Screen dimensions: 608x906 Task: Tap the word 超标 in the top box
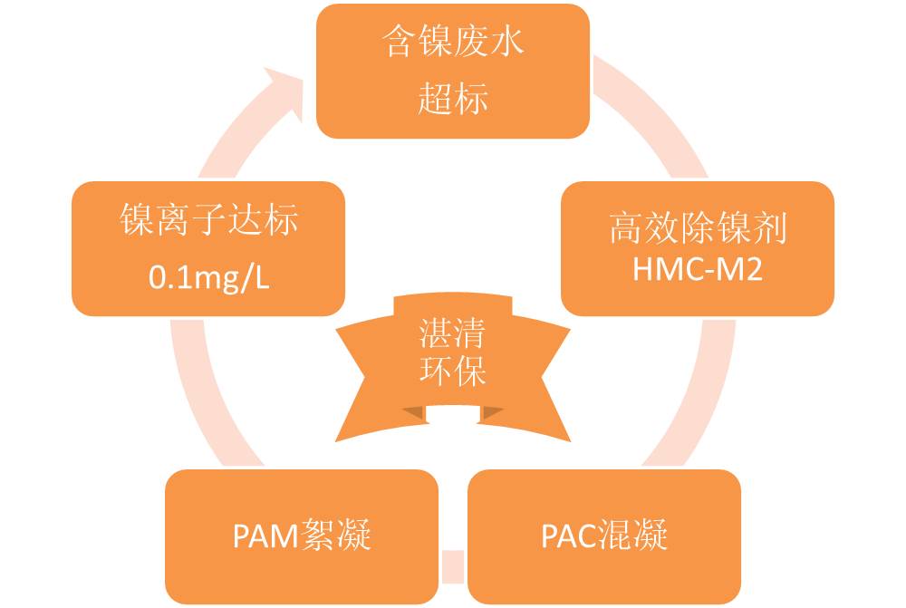(454, 98)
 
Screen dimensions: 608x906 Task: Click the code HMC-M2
(697, 269)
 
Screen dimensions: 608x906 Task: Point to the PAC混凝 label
(604, 536)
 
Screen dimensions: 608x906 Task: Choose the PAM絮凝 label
(302, 536)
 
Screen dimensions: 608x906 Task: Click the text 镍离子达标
(208, 220)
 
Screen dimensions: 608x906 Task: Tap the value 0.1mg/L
(208, 276)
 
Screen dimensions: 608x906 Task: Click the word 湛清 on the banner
(452, 336)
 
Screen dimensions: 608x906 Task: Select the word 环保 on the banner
(452, 372)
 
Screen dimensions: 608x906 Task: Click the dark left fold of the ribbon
(414, 412)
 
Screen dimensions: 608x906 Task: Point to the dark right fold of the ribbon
(491, 412)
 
